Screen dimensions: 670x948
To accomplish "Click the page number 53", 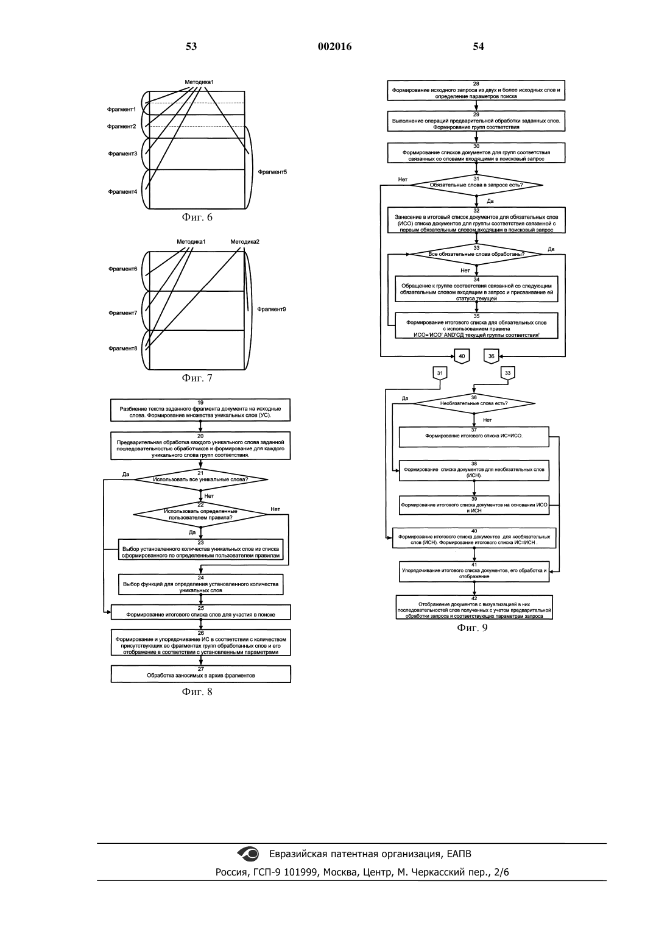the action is point(191,46).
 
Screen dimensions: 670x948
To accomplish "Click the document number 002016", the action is point(334,46).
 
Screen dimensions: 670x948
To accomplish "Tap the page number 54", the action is point(478,46).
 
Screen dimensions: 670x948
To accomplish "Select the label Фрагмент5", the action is point(272,172).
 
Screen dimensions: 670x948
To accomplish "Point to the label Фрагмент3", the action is point(122,154).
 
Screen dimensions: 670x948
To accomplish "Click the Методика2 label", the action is point(245,242).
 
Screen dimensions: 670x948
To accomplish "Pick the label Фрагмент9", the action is point(272,310).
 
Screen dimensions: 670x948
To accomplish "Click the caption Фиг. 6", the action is point(197,218).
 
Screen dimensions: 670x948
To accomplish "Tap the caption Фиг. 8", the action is point(197,692).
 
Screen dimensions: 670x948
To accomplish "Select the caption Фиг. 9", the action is point(472,628).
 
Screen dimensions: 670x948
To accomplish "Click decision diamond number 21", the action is point(200,479).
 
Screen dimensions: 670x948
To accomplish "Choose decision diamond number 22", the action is point(200,515).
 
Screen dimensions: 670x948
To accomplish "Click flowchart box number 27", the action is point(201,674).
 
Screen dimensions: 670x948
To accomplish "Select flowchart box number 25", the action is point(201,612).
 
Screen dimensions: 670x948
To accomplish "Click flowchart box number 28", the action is point(476,90).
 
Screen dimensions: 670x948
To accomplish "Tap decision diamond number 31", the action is point(476,185).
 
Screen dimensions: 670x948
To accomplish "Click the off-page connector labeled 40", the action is point(462,356).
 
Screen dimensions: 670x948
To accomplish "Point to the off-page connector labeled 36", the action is point(491,356).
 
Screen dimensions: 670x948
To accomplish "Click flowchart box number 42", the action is point(474,607).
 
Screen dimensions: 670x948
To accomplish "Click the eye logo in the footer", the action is point(249,854).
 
